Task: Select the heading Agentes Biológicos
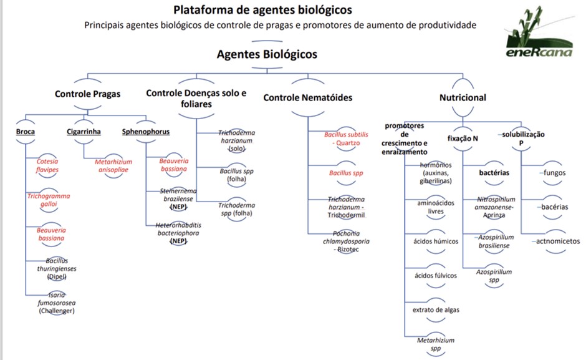pyautogui.click(x=267, y=54)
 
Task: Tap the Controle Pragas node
pyautogui.click(x=87, y=95)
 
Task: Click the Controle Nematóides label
pyautogui.click(x=308, y=98)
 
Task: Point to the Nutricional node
pyautogui.click(x=463, y=98)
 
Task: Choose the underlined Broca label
pyautogui.click(x=26, y=132)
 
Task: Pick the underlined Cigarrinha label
pyautogui.click(x=84, y=132)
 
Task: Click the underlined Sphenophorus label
pyautogui.click(x=145, y=132)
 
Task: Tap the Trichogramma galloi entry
pyautogui.click(x=49, y=200)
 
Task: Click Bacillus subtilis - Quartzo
pyautogui.click(x=346, y=138)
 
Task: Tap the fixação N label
pyautogui.click(x=463, y=138)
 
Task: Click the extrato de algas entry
pyautogui.click(x=436, y=310)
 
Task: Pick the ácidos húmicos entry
pyautogui.click(x=436, y=241)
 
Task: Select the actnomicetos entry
pyautogui.click(x=555, y=241)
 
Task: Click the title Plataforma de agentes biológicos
pyautogui.click(x=262, y=10)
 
